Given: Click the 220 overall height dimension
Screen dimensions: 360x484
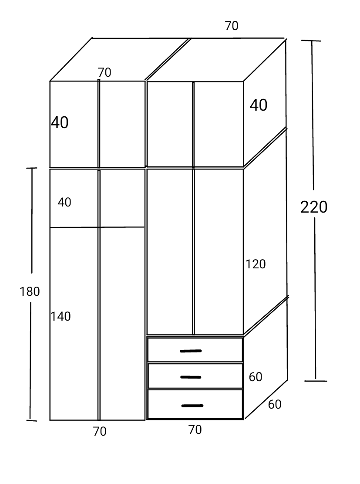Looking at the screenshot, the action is point(314,207).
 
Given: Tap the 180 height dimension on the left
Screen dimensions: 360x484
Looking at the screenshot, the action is point(30,291).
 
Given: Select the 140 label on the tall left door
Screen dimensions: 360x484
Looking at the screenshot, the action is point(61,316).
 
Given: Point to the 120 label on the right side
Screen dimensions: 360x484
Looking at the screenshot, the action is point(256,264).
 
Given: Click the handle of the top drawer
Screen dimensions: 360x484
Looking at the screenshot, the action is point(191,351).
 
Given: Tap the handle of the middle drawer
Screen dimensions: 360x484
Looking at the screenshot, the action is point(191,377).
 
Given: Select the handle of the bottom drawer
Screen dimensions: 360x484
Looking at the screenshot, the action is point(192,406).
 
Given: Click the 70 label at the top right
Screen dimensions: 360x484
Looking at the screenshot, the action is point(231,26).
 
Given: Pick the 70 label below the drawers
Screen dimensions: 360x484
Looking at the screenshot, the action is point(195,430).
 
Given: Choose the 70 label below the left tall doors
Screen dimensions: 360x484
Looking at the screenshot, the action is point(100,431).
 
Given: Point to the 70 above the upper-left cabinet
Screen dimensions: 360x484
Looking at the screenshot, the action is point(104,72).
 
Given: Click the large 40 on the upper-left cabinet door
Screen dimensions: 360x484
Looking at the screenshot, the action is point(60,122).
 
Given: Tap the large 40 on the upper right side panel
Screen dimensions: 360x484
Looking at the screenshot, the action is point(259,105).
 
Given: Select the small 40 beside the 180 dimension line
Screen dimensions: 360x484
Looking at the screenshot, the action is point(64,202).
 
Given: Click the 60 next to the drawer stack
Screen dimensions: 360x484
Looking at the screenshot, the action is point(256,377).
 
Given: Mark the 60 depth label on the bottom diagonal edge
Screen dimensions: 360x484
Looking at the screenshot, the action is point(275,404).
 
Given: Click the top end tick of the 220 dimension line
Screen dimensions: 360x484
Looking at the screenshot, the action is point(311,41).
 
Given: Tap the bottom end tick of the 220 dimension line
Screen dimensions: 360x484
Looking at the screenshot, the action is point(316,381).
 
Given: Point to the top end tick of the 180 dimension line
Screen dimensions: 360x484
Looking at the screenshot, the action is point(31,168).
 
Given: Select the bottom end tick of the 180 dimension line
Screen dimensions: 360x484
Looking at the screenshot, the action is point(31,420).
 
